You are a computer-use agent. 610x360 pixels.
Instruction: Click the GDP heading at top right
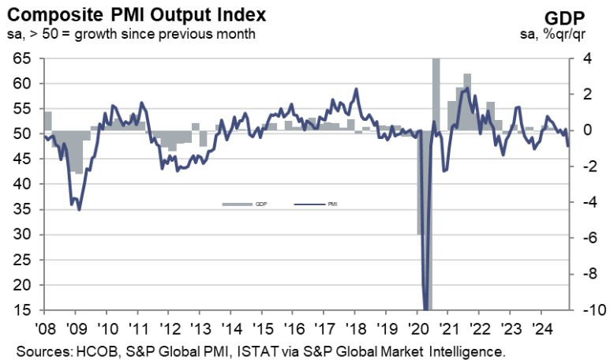click(x=581, y=18)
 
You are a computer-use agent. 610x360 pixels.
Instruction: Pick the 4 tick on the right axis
click(x=585, y=58)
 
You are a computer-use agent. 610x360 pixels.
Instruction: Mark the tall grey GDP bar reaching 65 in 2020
click(x=435, y=95)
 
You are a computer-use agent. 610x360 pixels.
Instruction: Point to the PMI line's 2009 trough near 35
click(x=78, y=208)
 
